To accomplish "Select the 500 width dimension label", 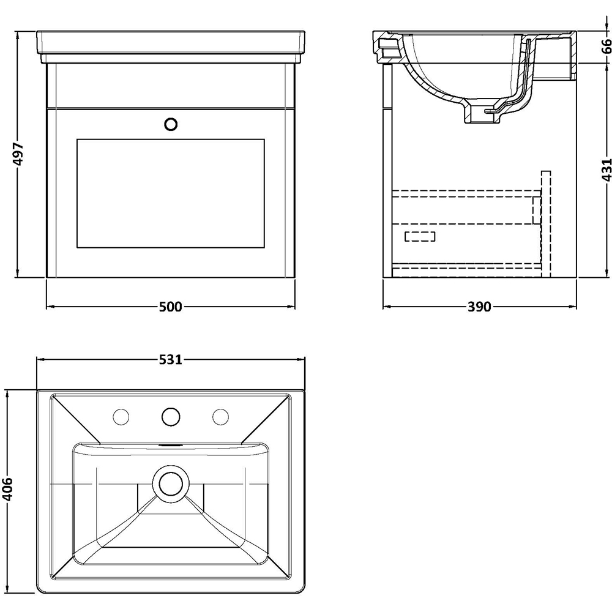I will [171, 307].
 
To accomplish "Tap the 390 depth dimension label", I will [479, 307].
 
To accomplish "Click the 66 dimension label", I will [605, 47].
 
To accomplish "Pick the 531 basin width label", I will [171, 360].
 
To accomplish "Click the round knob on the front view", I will [171, 124].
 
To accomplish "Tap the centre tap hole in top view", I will [171, 417].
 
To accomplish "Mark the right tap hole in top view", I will [220, 417].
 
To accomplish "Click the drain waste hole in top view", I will [171, 483].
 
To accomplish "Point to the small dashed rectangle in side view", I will [420, 236].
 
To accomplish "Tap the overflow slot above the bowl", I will [171, 445].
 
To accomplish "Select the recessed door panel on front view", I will [171, 193].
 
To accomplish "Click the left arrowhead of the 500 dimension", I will [50, 307].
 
